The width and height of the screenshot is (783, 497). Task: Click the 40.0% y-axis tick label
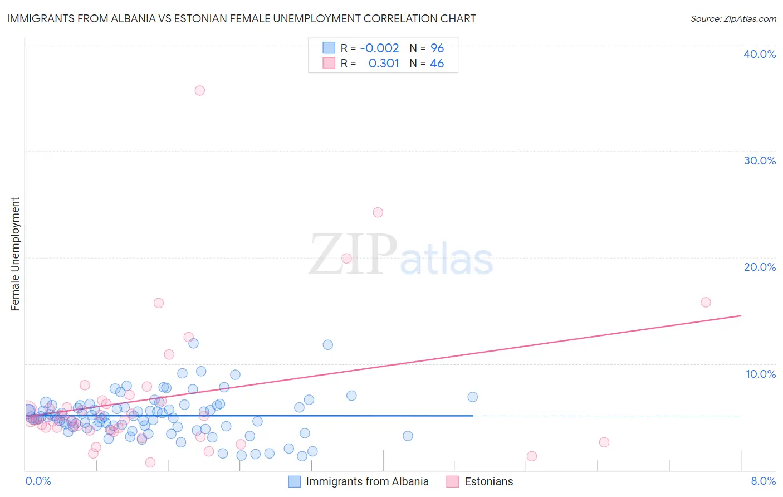pos(760,54)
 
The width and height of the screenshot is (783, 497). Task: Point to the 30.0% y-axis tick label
pos(760,160)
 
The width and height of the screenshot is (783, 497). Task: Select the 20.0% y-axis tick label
pos(760,267)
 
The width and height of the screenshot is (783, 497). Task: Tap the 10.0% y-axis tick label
pos(761,374)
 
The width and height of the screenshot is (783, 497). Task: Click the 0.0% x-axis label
pos(38,481)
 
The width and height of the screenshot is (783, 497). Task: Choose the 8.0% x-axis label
pos(763,481)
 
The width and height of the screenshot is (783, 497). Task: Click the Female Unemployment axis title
pos(16,254)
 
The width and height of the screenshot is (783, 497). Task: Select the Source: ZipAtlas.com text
pos(733,19)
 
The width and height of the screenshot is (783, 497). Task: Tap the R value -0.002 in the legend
pos(379,48)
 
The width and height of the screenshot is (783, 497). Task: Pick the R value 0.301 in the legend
pos(384,64)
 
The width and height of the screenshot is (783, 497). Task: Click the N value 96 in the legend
pos(437,48)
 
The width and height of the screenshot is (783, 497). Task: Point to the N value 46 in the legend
pos(437,64)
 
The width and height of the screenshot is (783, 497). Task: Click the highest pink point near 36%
pos(199,90)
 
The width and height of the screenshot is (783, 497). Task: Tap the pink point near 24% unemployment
pos(378,212)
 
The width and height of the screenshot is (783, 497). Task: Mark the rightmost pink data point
pos(706,303)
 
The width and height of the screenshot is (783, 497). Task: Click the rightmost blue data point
pos(472,397)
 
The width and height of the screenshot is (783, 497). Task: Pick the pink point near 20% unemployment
pos(346,258)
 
